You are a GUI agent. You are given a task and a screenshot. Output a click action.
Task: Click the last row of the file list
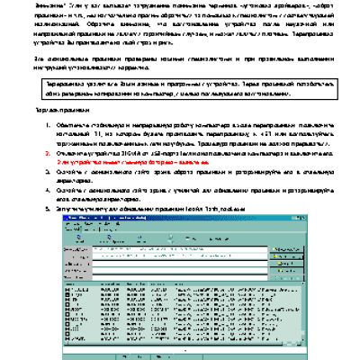180,347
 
